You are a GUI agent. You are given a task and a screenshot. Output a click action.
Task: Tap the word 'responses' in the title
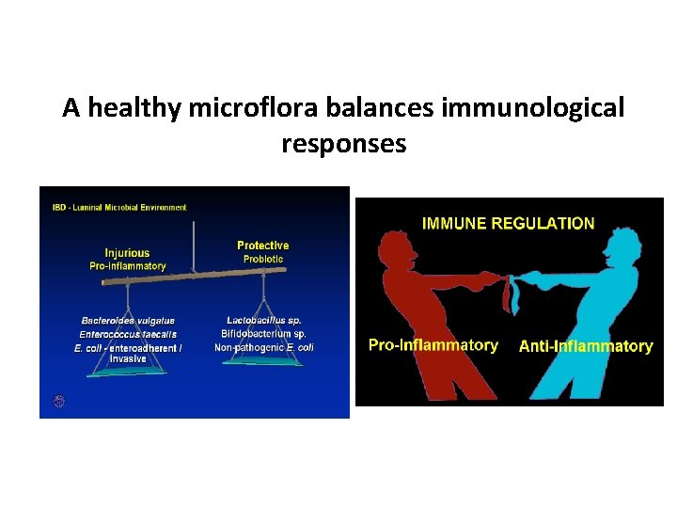tap(343, 144)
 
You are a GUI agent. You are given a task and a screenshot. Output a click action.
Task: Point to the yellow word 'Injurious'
tap(127, 253)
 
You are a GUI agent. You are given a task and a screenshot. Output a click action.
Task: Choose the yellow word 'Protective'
tap(262, 246)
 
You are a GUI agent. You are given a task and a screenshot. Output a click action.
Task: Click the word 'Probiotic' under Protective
tap(263, 259)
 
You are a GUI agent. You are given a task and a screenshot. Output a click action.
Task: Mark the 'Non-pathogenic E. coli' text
tap(263, 347)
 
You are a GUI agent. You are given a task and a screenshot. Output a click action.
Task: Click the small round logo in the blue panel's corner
tap(58, 402)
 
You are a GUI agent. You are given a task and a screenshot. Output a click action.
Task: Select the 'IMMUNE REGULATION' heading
tap(508, 224)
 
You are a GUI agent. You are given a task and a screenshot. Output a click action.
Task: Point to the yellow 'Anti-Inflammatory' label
tap(586, 346)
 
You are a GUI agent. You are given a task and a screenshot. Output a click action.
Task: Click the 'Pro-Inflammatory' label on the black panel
tap(433, 344)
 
